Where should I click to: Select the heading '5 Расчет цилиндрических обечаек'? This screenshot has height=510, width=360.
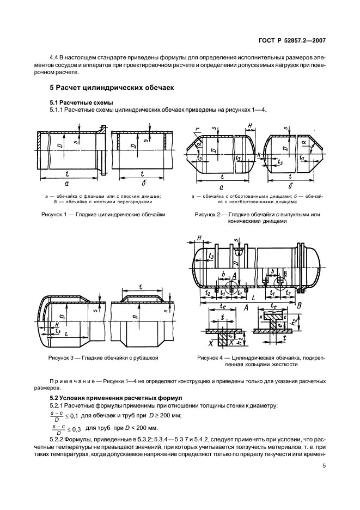click(104, 87)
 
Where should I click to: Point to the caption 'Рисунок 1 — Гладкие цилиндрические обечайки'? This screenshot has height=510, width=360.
click(103, 215)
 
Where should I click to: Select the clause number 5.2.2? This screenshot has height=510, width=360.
click(58, 439)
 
